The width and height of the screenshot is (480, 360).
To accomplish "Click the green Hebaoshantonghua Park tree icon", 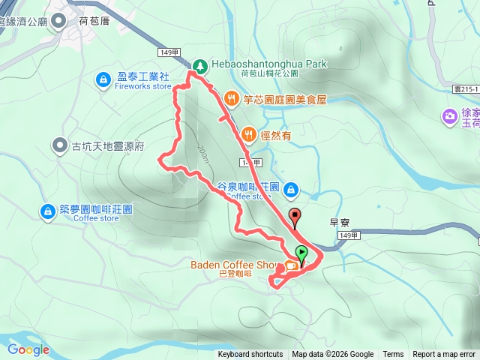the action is click(199, 65).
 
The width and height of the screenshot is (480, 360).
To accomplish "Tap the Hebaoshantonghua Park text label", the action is click(269, 64).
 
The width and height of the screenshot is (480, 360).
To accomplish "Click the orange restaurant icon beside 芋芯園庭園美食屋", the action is click(231, 98).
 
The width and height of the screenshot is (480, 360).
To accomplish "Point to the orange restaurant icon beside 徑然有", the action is click(248, 133).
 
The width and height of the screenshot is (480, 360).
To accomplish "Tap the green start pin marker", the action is click(301, 253).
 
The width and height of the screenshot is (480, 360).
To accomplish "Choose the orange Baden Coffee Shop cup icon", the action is click(290, 265).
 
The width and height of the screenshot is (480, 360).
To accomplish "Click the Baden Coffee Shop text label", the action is click(233, 264).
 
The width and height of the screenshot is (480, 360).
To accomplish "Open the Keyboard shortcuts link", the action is click(250, 355).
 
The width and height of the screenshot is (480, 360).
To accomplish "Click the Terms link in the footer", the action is click(393, 355).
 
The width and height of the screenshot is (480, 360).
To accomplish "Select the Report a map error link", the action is click(445, 355).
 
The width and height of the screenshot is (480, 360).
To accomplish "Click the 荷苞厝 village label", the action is click(94, 22).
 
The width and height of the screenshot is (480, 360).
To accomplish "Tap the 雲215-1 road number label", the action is click(464, 88).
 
